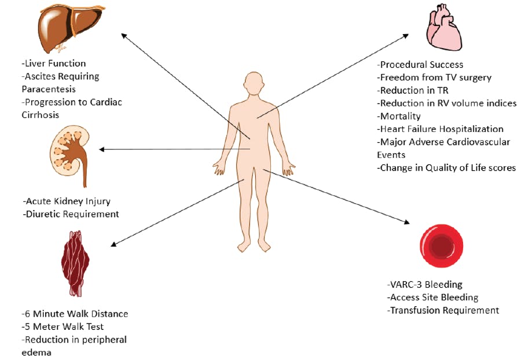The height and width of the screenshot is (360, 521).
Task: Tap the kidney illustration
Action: click(68, 154)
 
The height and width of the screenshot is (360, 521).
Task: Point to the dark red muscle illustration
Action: click(75, 261)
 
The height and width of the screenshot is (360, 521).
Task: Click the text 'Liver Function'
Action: click(53, 64)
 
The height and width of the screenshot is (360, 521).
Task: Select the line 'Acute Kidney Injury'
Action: click(67, 201)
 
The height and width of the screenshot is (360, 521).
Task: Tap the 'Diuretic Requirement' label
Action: click(71, 214)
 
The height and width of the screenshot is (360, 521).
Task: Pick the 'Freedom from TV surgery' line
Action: click(434, 78)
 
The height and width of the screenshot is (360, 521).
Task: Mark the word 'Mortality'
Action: click(399, 116)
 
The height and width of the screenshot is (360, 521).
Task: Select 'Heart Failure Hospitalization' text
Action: click(440, 129)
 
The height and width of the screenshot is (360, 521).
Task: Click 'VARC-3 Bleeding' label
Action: click(425, 285)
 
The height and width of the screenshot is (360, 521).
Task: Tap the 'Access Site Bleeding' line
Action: click(432, 297)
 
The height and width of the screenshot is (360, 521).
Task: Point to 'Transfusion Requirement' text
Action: click(443, 310)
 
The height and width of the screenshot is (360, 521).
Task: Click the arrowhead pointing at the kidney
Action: click(102, 149)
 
